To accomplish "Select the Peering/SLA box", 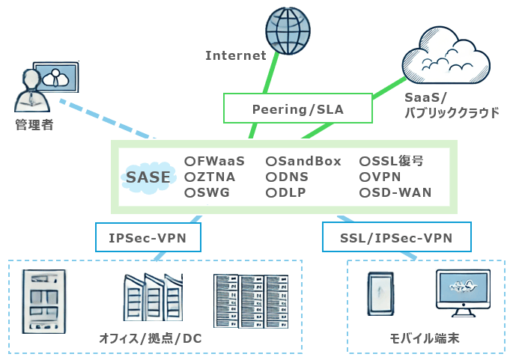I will pyautogui.click(x=297, y=109).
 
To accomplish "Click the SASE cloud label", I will pyautogui.click(x=148, y=177).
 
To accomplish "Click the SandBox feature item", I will pyautogui.click(x=303, y=161).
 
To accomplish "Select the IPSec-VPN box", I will pyautogui.click(x=147, y=238).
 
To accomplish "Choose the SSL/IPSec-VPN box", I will pyautogui.click(x=396, y=238).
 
